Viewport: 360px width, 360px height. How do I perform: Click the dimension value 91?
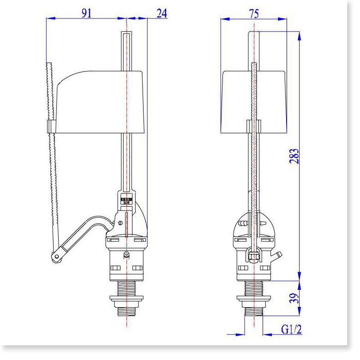86,13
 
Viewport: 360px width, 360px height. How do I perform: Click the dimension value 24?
162,13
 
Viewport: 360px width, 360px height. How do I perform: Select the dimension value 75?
254,14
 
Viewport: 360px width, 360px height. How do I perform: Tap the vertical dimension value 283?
294,156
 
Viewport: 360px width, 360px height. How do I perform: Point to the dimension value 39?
294,298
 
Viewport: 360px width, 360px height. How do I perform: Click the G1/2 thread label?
291,330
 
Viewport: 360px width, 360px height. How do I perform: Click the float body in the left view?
100,102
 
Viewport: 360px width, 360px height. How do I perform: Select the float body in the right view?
254,102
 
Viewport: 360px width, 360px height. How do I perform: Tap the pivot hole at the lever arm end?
56,257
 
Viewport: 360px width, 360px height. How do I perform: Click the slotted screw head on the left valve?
120,223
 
